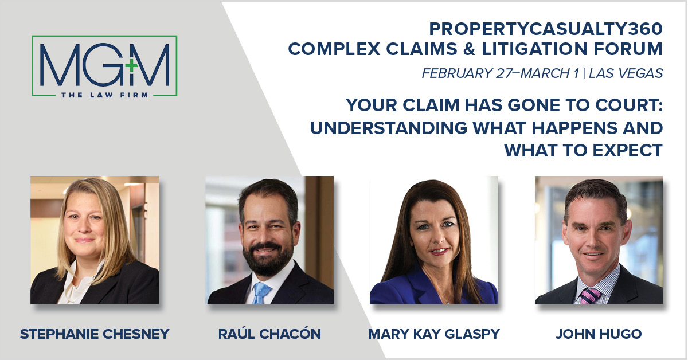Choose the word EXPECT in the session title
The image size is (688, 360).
tap(620, 150)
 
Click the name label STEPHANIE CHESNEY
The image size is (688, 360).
tap(95, 334)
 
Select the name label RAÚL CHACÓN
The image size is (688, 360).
tap(269, 334)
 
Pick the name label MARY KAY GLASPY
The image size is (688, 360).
tap(433, 334)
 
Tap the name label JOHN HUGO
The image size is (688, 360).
tap(599, 334)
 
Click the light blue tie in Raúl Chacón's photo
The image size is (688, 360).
tap(261, 292)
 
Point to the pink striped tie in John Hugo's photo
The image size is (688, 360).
tap(591, 295)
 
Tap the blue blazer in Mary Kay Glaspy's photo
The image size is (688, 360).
tap(396, 289)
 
